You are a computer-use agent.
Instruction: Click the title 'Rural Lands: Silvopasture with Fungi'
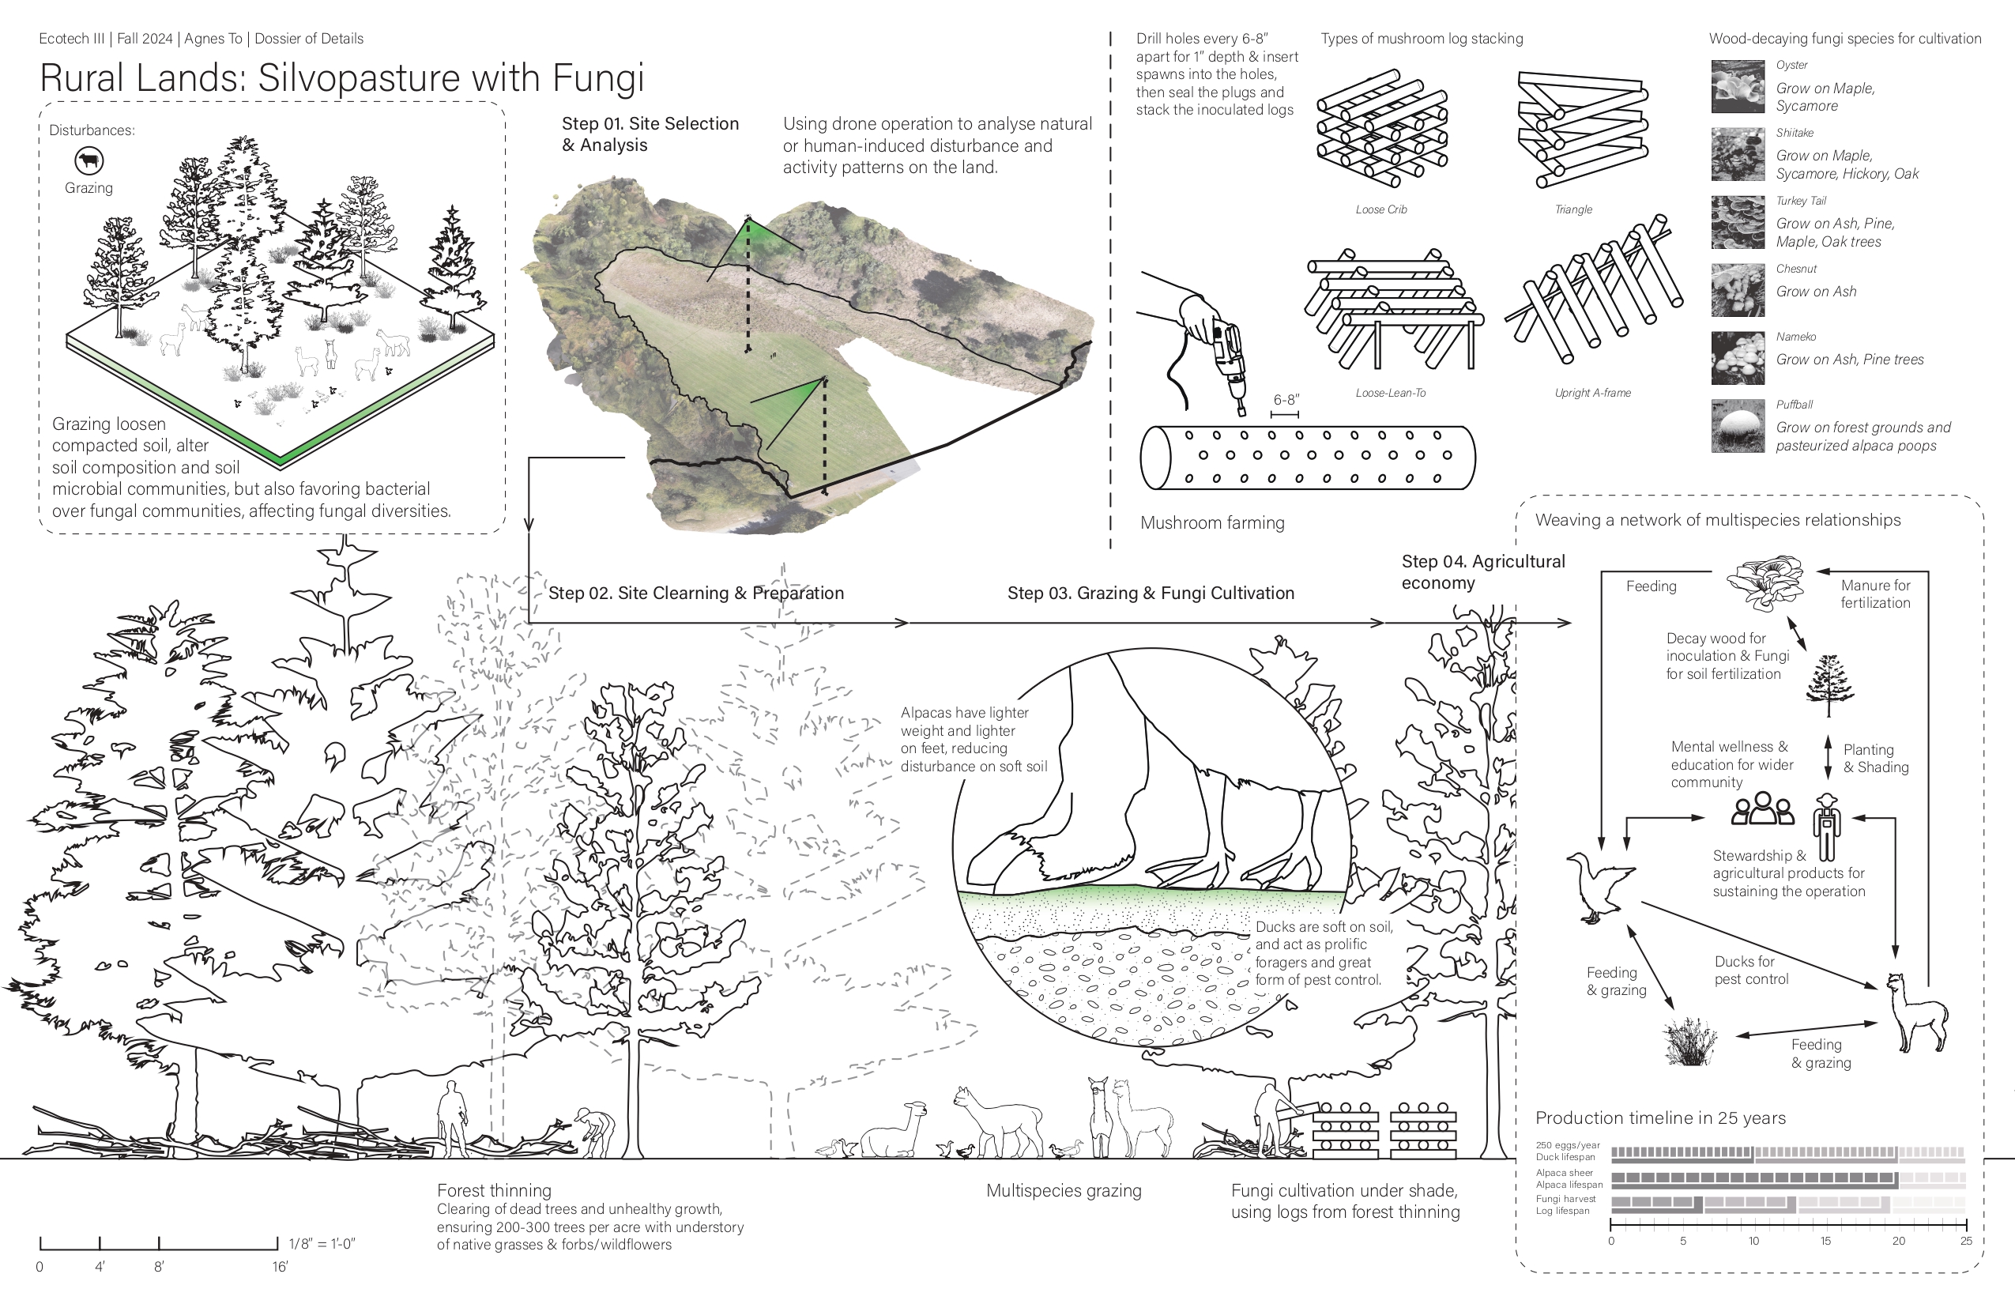[x=341, y=78]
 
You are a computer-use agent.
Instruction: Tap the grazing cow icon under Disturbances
[x=88, y=160]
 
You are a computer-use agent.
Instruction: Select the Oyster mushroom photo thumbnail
[x=1738, y=86]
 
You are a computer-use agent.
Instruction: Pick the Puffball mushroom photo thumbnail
[x=1738, y=426]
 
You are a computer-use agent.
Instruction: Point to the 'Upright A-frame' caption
[x=1591, y=393]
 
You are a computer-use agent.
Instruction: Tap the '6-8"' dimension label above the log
[x=1285, y=401]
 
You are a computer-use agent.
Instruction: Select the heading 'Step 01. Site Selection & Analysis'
[x=650, y=134]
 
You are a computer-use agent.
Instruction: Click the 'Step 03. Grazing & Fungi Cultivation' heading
[x=1150, y=593]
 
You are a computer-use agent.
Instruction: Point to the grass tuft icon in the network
[x=1690, y=1042]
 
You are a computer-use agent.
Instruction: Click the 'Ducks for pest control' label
[x=1751, y=970]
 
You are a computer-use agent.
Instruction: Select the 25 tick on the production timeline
[x=1965, y=1241]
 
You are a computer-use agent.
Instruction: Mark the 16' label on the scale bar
[x=280, y=1267]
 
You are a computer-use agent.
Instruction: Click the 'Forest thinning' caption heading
[x=494, y=1190]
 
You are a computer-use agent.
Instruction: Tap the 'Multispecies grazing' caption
[x=1064, y=1190]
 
